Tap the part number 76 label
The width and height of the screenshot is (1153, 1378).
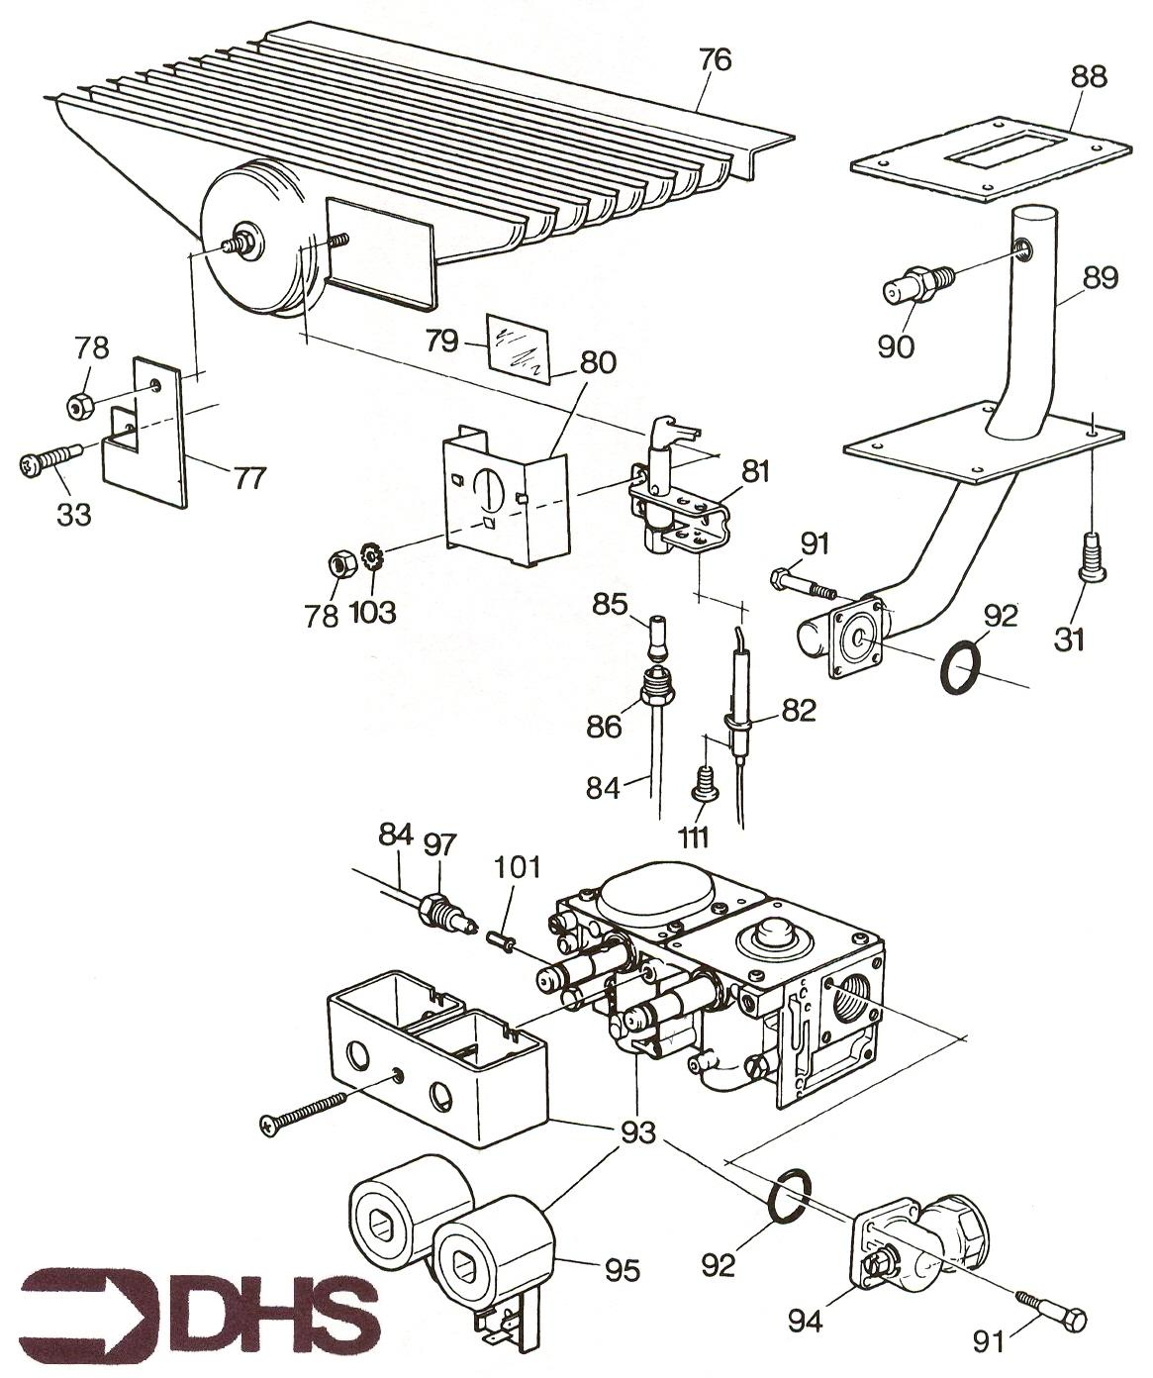715,60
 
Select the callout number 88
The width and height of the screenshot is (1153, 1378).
1088,76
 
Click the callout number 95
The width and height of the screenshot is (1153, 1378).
624,1268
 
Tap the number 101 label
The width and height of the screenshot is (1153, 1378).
519,868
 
